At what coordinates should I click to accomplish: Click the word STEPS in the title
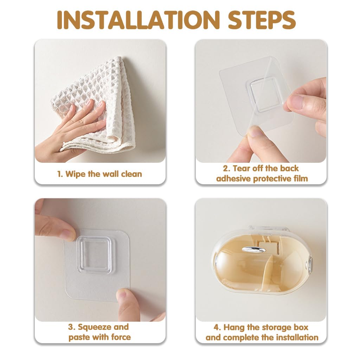click(262, 20)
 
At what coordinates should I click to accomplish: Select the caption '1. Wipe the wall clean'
click(99, 174)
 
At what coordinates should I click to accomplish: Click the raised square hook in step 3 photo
click(94, 255)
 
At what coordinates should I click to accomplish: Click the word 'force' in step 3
click(121, 337)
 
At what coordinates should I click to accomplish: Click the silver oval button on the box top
click(254, 250)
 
